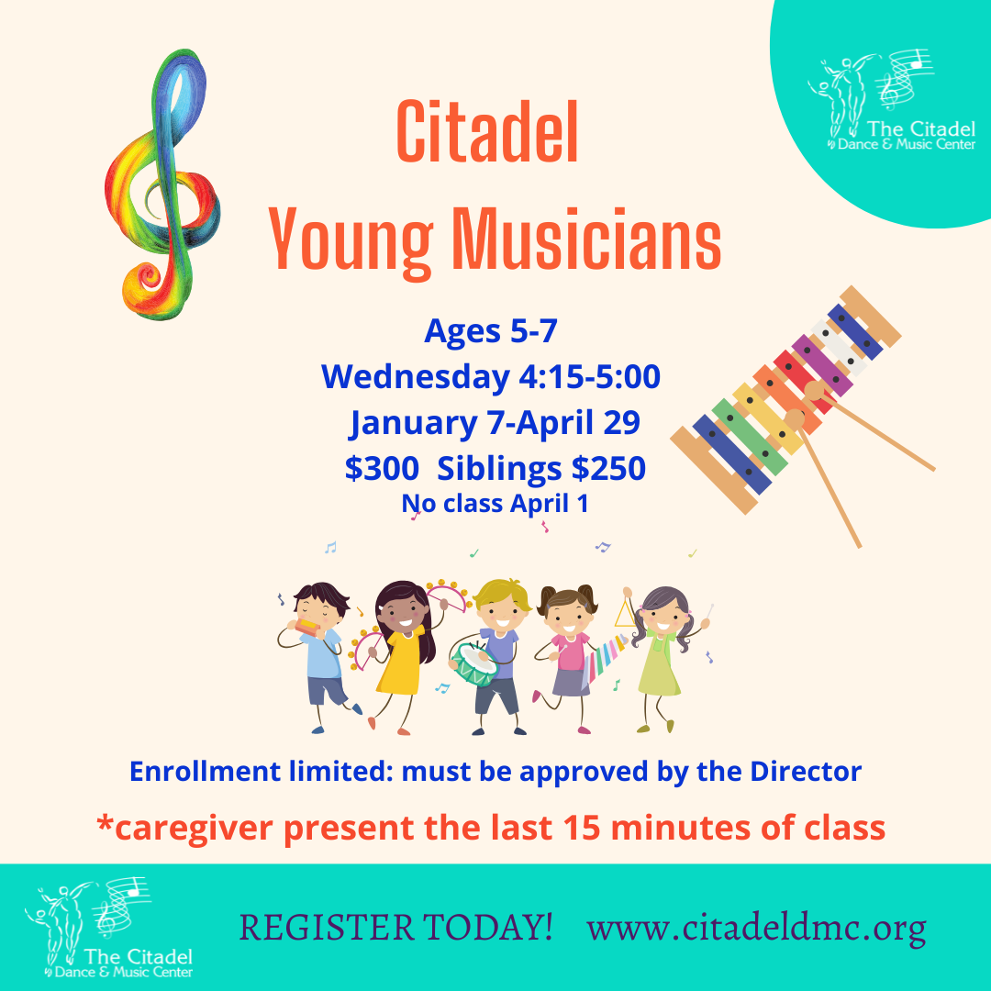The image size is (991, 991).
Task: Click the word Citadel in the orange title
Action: click(487, 132)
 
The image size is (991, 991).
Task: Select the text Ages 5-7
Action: click(490, 330)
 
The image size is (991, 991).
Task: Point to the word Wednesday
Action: click(416, 377)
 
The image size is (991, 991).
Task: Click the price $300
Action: click(382, 468)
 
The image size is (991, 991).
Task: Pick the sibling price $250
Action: click(608, 468)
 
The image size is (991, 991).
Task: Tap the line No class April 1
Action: click(495, 504)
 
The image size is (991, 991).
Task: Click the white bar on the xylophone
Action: click(840, 348)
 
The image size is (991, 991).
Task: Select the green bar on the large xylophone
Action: click(750, 437)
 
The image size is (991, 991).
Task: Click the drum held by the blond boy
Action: click(473, 664)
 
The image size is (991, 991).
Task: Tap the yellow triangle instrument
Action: click(625, 613)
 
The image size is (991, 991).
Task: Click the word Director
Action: click(806, 772)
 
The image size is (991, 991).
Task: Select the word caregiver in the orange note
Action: click(194, 829)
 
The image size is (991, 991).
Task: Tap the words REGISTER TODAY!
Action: click(396, 927)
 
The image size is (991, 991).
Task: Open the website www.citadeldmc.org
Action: click(756, 929)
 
